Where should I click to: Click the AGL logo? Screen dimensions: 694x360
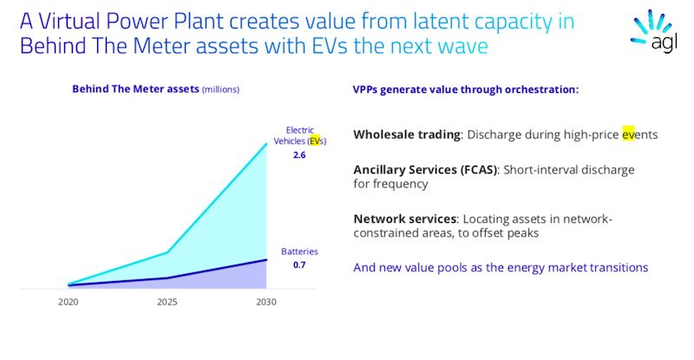653,31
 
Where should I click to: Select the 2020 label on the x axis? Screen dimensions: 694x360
69,302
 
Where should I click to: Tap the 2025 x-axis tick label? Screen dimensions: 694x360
167,302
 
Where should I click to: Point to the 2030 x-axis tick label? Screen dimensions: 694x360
266,302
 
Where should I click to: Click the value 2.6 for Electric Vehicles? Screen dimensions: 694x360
299,155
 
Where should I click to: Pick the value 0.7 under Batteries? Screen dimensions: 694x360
299,265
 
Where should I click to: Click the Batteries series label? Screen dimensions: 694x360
299,252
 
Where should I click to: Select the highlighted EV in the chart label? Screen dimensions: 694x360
314,141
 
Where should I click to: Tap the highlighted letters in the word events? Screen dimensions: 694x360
628,134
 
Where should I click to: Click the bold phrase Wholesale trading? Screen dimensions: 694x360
407,134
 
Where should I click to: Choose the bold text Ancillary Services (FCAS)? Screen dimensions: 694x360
425,170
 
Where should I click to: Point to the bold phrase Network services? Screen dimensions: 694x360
404,219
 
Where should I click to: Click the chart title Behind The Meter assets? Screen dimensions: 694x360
135,89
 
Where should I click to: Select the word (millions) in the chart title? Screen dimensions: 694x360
220,89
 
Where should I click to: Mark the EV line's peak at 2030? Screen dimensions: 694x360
266,143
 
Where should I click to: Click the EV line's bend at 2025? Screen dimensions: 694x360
167,252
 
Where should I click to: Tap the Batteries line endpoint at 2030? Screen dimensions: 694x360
266,259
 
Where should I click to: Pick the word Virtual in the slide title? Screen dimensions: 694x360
66,21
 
